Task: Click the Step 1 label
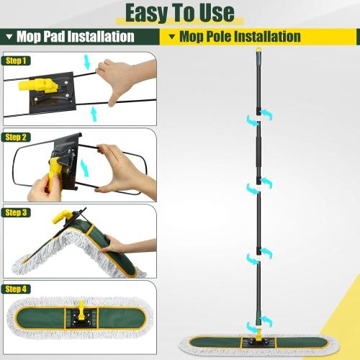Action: click(17, 60)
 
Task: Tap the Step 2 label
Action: click(17, 137)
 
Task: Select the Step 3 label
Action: click(17, 212)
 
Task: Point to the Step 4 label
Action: click(17, 289)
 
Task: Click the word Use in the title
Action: click(214, 12)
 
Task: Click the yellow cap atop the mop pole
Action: click(258, 52)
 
